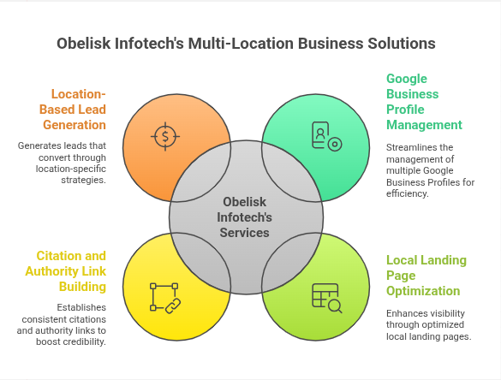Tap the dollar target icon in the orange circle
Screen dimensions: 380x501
(164, 137)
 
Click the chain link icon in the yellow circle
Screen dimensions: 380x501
(164, 297)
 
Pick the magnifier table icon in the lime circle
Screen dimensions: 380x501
(325, 297)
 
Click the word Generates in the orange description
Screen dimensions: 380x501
(40, 145)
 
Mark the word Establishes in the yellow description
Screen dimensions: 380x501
(81, 307)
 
